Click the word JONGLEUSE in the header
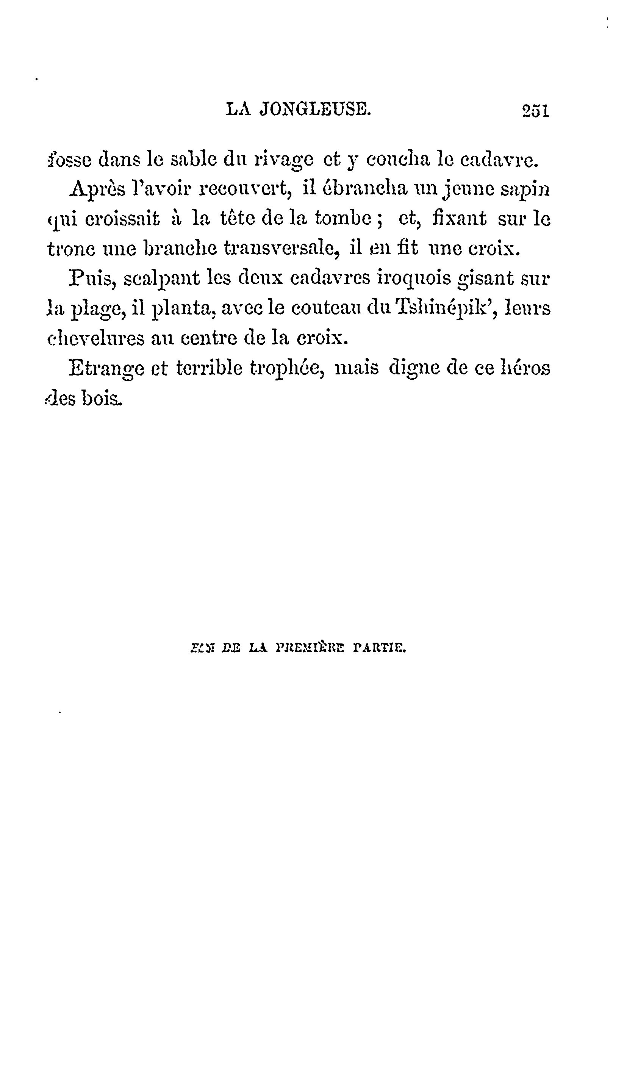[315, 110]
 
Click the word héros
[526, 368]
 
